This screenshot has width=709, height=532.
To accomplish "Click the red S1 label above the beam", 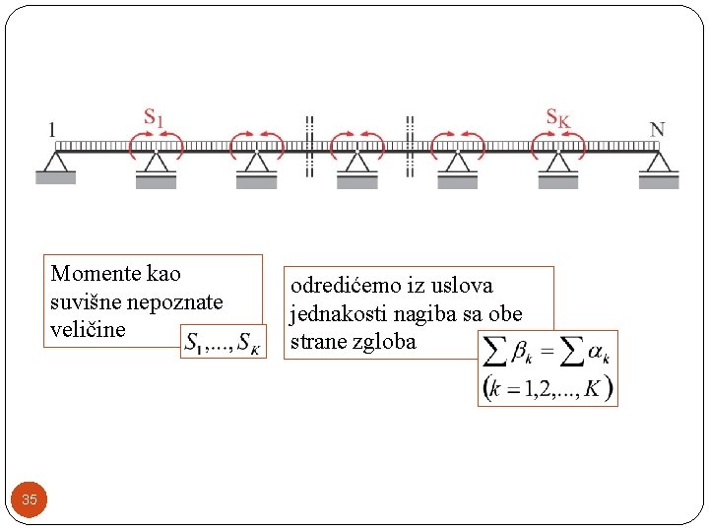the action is pyautogui.click(x=155, y=117).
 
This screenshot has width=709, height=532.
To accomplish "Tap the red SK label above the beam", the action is pyautogui.click(x=557, y=117).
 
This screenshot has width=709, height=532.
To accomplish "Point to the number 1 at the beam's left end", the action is pyautogui.click(x=52, y=129).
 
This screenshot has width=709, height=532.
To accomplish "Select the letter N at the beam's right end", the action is pyautogui.click(x=657, y=129).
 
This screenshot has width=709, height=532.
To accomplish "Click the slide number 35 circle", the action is pyautogui.click(x=30, y=499).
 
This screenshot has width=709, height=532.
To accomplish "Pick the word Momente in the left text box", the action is pyautogui.click(x=89, y=273).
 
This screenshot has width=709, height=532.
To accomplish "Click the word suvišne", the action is pyautogui.click(x=81, y=300).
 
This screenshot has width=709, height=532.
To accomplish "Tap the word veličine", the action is pyautogui.click(x=88, y=329).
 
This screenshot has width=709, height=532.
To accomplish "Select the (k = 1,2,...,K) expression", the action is pyautogui.click(x=548, y=387).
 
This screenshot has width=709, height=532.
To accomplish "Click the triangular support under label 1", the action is pyautogui.click(x=56, y=162).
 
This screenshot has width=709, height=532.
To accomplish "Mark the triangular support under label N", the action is pyautogui.click(x=658, y=162).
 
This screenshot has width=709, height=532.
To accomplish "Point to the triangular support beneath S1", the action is pyautogui.click(x=156, y=162).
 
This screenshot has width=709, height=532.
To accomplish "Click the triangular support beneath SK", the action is pyautogui.click(x=557, y=162).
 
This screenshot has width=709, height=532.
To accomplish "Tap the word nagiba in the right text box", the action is pyautogui.click(x=417, y=314).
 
